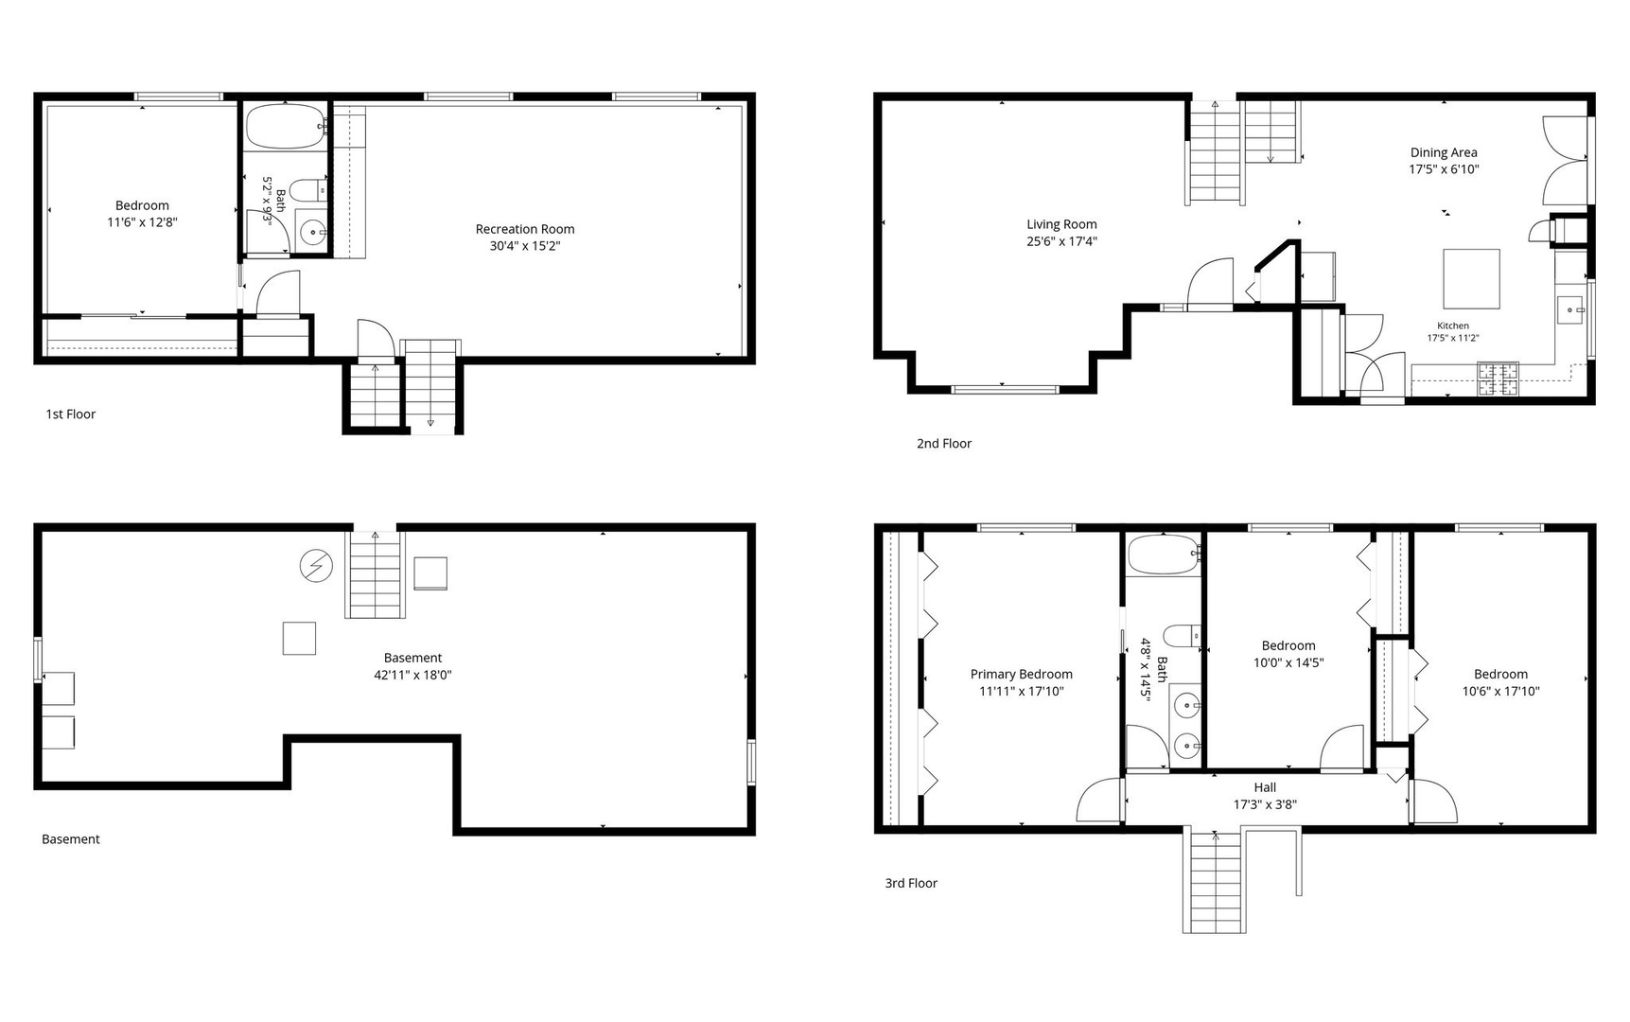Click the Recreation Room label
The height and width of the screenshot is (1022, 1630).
click(x=525, y=229)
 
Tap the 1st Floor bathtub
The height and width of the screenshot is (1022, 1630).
click(x=286, y=127)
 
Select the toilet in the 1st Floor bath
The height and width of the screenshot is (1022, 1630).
click(x=307, y=190)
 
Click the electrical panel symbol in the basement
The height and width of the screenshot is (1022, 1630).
click(x=316, y=566)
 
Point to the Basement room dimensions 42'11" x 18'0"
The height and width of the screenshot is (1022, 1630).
click(x=412, y=675)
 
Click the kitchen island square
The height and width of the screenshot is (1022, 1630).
click(x=1471, y=278)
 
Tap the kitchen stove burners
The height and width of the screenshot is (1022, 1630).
click(x=1499, y=379)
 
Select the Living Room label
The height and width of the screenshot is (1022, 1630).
click(x=1061, y=224)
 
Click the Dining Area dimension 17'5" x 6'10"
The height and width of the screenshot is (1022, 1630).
click(x=1444, y=169)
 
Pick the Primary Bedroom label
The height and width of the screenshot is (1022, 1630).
click(x=1022, y=674)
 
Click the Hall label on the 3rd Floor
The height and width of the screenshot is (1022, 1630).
click(x=1265, y=787)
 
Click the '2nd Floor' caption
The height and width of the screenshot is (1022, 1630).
click(x=944, y=443)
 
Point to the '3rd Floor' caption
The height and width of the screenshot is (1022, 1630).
click(x=911, y=883)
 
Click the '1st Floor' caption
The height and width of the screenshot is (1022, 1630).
click(x=71, y=414)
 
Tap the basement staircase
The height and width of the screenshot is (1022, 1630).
click(x=376, y=574)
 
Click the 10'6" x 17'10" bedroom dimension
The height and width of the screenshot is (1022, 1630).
click(x=1500, y=691)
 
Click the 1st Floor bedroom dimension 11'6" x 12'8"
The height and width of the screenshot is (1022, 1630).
click(x=142, y=222)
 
